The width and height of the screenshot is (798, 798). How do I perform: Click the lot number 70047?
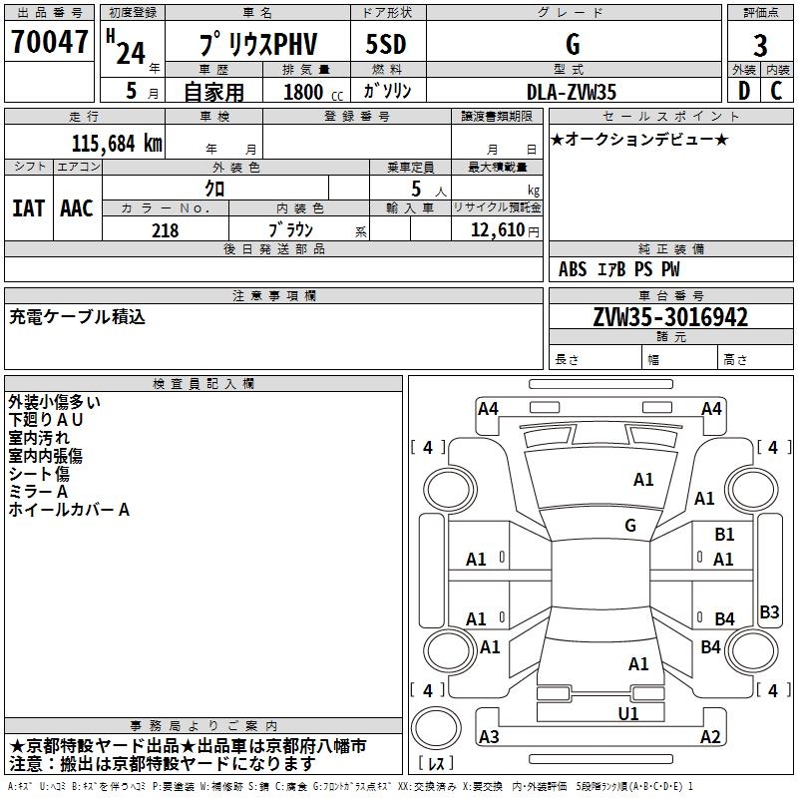tap(49, 44)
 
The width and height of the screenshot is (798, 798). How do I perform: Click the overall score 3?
tap(760, 46)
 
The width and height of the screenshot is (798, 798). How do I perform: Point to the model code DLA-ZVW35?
tap(571, 91)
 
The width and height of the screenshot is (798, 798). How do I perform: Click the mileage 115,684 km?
tap(117, 143)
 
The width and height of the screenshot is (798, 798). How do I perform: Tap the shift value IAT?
tap(28, 207)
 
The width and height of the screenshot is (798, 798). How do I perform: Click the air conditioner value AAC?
tap(77, 207)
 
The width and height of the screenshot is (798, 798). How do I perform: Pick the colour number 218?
tap(165, 230)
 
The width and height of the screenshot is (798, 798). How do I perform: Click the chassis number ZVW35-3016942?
tap(670, 317)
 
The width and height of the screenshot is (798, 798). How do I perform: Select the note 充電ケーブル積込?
tap(78, 317)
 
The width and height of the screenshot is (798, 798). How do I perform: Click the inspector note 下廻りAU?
tap(46, 420)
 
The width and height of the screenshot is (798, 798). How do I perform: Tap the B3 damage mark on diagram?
tap(769, 612)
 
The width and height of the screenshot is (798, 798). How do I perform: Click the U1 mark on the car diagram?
tap(628, 713)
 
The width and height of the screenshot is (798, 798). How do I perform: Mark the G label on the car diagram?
tap(630, 526)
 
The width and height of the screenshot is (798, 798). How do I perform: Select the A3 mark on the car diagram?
tap(489, 737)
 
